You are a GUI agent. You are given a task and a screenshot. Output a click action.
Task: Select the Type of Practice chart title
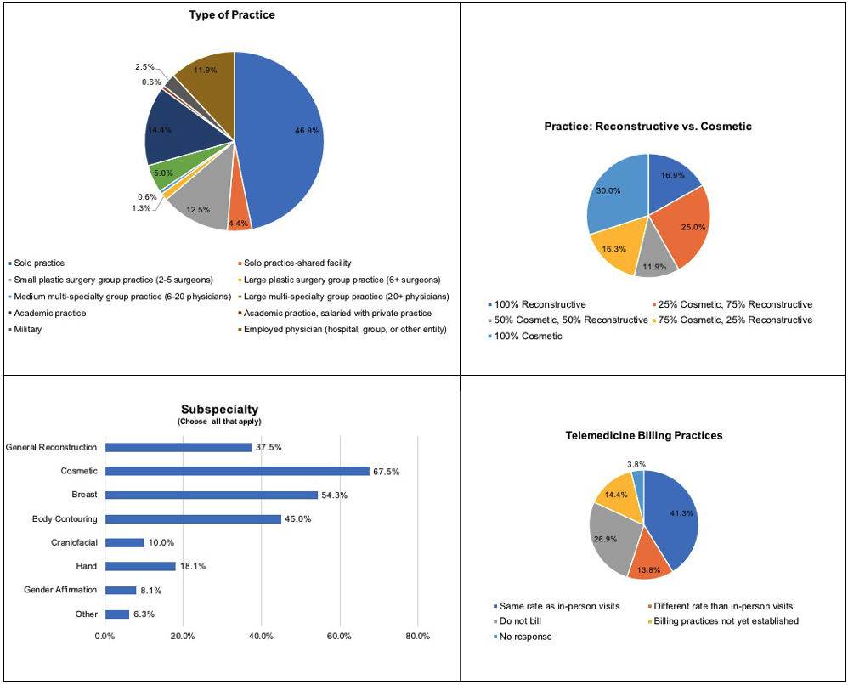coord(231,15)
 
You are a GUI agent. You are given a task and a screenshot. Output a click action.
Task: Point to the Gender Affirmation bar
coord(120,590)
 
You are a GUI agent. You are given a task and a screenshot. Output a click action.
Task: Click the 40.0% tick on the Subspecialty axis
coord(261,636)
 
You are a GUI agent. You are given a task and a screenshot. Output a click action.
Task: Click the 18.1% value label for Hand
coord(191,567)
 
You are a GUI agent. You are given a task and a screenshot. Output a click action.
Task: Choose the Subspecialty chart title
coord(219,409)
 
